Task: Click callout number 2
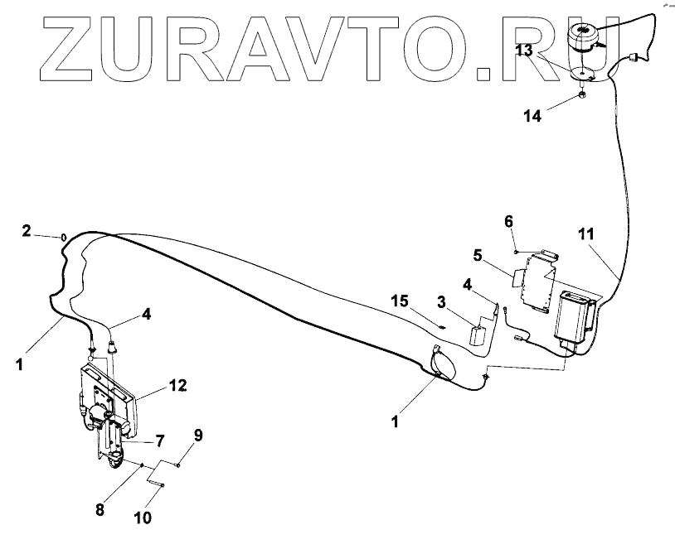(x=26, y=230)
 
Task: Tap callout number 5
(x=478, y=253)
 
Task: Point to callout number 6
(x=509, y=221)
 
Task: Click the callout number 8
(x=100, y=510)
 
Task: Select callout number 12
(x=177, y=385)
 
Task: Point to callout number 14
(x=532, y=116)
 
